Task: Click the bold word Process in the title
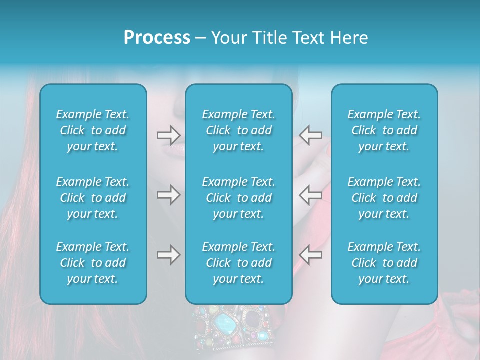[157, 38]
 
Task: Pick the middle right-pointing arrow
[168, 195]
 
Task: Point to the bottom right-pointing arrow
[168, 255]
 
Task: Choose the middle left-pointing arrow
[310, 195]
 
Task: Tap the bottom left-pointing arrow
[310, 255]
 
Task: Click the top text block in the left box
[93, 130]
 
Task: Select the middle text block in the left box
[93, 198]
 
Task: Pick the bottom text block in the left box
[93, 263]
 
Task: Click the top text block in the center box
[238, 130]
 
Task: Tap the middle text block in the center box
[238, 198]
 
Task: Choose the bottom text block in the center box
[238, 263]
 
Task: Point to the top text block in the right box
[384, 130]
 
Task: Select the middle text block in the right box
[384, 198]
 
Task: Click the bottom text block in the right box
[384, 263]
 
